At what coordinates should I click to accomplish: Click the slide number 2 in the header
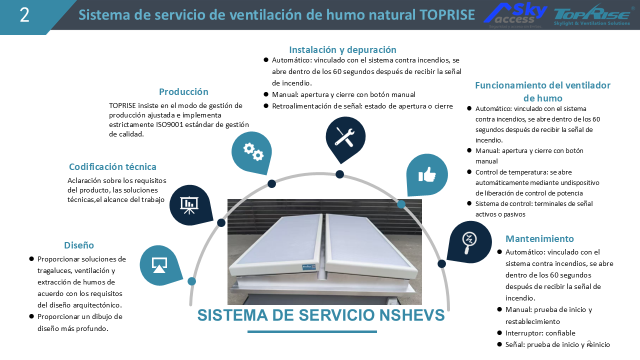pyautogui.click(x=24, y=15)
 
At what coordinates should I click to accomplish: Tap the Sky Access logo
pyautogui.click(x=515, y=15)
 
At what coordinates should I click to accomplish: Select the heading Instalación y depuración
pyautogui.click(x=342, y=49)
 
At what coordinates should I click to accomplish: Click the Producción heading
pyautogui.click(x=183, y=91)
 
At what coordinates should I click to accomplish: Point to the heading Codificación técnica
pyautogui.click(x=112, y=166)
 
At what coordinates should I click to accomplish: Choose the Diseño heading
pyautogui.click(x=79, y=245)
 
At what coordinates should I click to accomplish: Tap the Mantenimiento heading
pyautogui.click(x=539, y=238)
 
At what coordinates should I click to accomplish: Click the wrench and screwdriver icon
pyautogui.click(x=344, y=137)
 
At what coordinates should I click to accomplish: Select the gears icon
pyautogui.click(x=253, y=151)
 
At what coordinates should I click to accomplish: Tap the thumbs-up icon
pyautogui.click(x=427, y=174)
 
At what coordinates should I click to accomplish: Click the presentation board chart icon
pyautogui.click(x=189, y=205)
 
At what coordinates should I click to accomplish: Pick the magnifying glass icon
pyautogui.click(x=469, y=242)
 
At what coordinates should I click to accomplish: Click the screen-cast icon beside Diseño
pyautogui.click(x=159, y=265)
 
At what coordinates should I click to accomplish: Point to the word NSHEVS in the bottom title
pyautogui.click(x=411, y=315)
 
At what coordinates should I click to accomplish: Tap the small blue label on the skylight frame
pyautogui.click(x=309, y=267)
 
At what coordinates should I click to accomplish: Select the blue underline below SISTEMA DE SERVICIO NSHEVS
pyautogui.click(x=312, y=331)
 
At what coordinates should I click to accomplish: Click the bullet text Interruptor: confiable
pyautogui.click(x=540, y=333)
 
